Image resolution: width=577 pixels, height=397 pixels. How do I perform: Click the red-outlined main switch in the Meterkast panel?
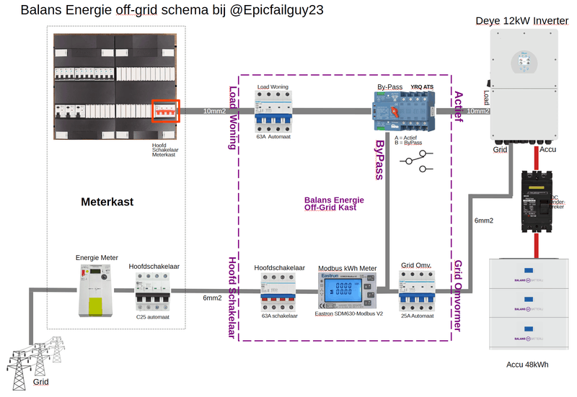click(x=164, y=111)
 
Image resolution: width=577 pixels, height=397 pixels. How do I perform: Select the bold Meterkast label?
click(x=107, y=202)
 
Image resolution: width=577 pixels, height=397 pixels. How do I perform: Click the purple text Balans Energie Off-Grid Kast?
click(x=334, y=203)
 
